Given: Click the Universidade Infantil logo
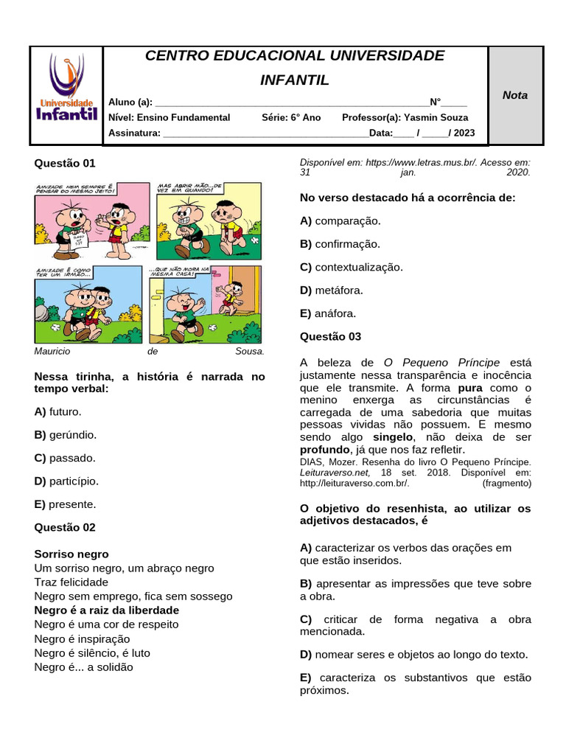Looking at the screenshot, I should pos(66,95).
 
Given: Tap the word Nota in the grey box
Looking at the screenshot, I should pos(515,95).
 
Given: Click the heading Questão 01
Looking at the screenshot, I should pos(65,163).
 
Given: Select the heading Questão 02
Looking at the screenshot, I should pos(65,527).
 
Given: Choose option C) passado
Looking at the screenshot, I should pos(65,458).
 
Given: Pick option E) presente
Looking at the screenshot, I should pos(65,504).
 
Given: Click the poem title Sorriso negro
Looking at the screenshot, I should pos(71,554).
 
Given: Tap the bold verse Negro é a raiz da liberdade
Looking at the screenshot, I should pos(107,610).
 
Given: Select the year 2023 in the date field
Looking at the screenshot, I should pos(464,133).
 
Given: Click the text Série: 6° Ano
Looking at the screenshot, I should pos(291,117).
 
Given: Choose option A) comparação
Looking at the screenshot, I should pos(340,220).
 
